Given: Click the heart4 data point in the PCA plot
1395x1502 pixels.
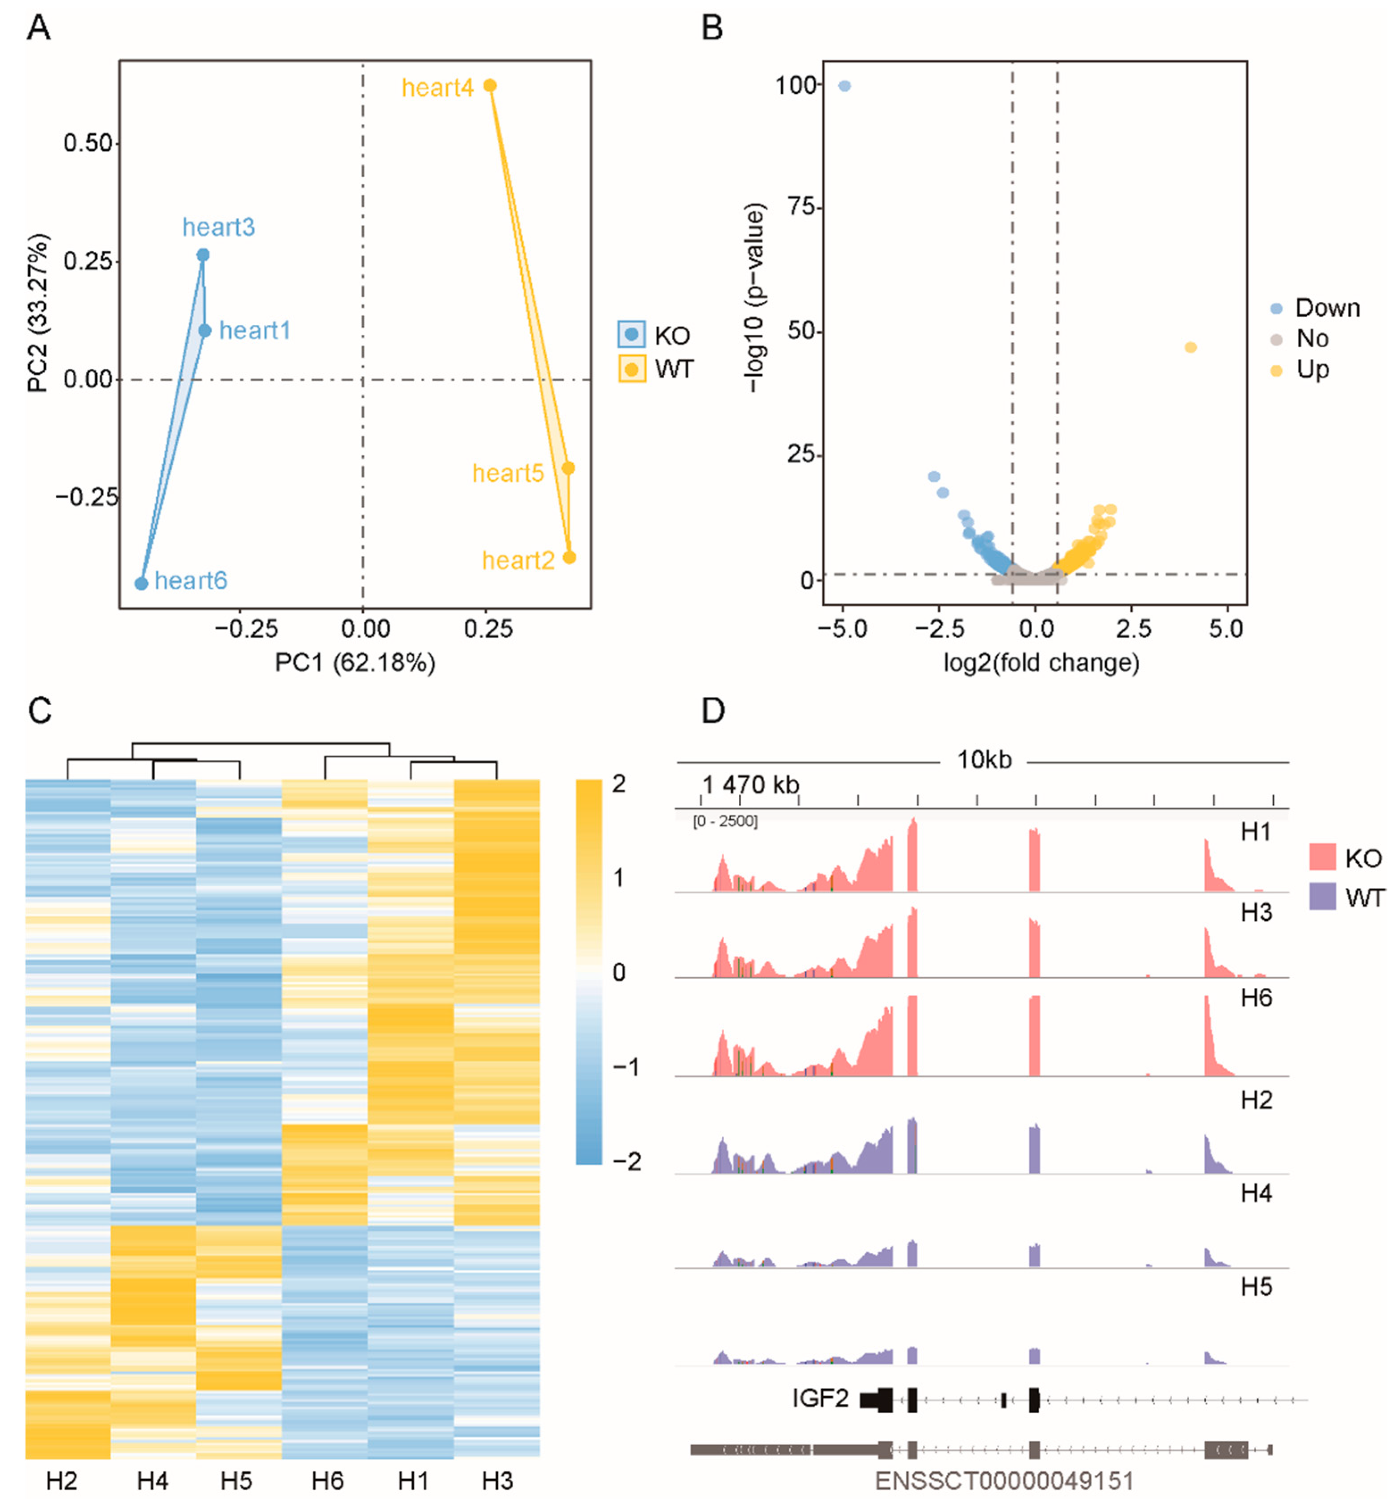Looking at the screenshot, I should point(490,85).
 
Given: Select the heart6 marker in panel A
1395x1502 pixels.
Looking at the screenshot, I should point(141,583).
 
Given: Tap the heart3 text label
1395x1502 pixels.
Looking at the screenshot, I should point(218,227).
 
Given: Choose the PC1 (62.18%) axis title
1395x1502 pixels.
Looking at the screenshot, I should point(355,663).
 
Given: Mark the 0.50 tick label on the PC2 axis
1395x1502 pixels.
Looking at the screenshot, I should point(87,143).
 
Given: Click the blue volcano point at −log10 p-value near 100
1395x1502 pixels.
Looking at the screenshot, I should point(845,86).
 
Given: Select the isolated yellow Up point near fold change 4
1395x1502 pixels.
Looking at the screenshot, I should point(1191,347).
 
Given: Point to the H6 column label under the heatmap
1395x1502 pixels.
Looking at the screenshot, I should point(327,1481).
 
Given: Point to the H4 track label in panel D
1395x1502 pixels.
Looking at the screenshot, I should point(1256,1193).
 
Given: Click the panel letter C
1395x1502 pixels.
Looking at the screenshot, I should point(39,710).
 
